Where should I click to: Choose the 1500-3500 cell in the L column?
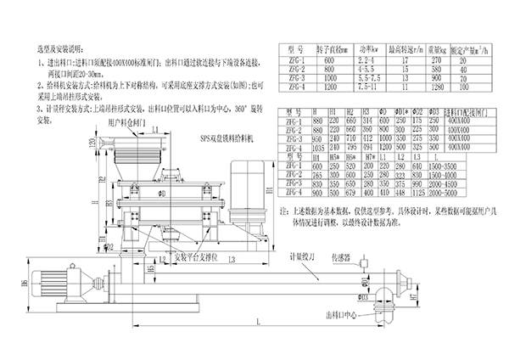pyautogui.click(x=453, y=166)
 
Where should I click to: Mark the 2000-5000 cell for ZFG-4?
pyautogui.click(x=453, y=194)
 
